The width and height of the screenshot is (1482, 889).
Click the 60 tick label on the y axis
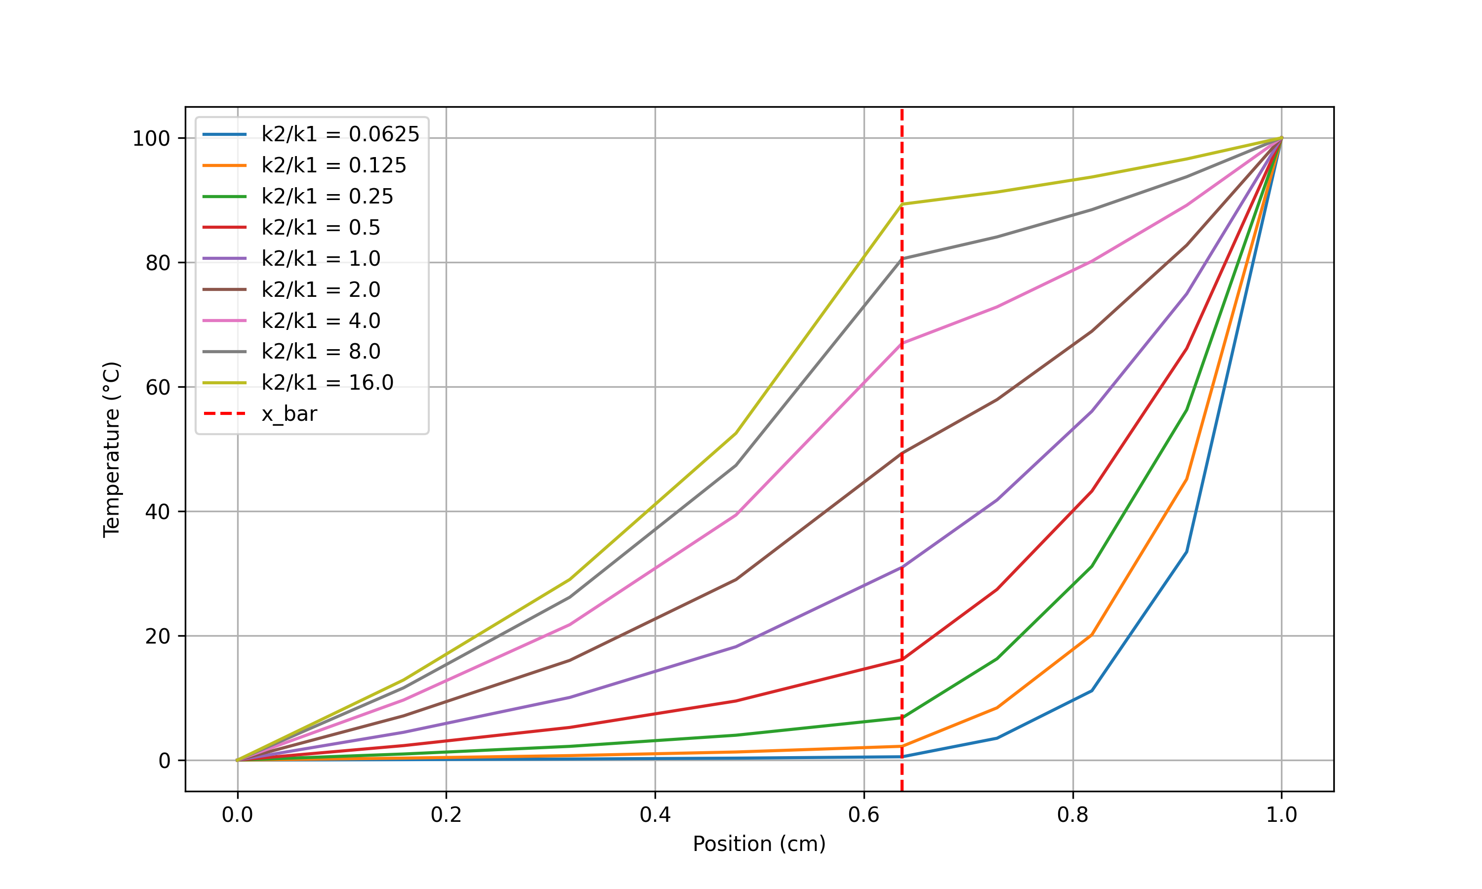point(158,388)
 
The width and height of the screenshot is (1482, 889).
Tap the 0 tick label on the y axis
point(164,761)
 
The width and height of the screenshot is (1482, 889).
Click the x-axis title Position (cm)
point(759,844)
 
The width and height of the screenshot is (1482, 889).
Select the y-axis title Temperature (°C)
point(112,449)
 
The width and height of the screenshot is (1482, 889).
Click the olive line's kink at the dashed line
point(902,204)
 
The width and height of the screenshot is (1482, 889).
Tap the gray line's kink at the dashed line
point(902,259)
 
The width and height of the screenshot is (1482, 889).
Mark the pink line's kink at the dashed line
point(902,343)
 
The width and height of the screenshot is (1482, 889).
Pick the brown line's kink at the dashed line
point(902,453)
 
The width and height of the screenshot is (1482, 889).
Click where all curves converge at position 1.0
point(1281,138)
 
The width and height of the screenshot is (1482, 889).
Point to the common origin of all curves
point(238,760)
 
